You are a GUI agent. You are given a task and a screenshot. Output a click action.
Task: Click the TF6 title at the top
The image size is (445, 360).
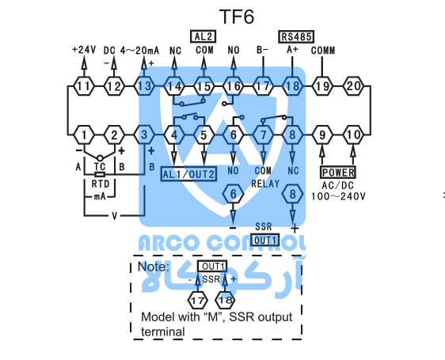coord(237,17)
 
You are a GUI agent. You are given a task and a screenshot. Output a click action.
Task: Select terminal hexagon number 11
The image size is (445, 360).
coord(84,86)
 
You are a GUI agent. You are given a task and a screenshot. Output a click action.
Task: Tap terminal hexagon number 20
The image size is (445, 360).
coord(354,85)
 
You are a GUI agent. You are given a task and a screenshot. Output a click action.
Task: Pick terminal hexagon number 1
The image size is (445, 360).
coord(84,135)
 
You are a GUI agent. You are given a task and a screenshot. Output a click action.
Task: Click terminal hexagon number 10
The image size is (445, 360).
coord(353,135)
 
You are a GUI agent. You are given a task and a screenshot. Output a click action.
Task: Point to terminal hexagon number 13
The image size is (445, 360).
coord(144,86)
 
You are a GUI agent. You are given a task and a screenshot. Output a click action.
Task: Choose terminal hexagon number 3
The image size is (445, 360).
coord(144,135)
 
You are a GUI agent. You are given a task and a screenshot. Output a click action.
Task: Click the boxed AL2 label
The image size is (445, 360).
coord(203,36)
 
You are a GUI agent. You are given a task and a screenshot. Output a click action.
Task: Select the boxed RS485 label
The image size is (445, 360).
coord(296,36)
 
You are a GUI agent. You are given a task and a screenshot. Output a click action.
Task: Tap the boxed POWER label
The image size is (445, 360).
coord(338,172)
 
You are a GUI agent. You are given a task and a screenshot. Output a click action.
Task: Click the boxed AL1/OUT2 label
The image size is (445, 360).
coord(188,174)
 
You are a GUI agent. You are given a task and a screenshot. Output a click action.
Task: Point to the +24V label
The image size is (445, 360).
coord(84,50)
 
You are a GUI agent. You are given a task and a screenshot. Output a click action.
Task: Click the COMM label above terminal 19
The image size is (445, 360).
coord(323,51)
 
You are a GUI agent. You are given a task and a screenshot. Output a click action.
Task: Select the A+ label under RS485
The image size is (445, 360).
coord(292,49)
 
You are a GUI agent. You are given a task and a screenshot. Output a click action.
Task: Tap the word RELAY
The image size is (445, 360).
coord(265,184)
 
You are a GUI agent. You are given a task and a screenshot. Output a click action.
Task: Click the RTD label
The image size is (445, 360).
coord(101,184)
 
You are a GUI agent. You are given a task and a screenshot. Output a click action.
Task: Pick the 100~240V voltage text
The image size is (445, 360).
coord(338,196)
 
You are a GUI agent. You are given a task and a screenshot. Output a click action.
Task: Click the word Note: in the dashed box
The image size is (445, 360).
coord(154,267)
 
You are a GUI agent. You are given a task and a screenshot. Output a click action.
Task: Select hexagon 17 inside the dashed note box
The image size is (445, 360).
coord(198,300)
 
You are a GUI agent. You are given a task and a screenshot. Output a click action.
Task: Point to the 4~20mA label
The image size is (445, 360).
coord(139,51)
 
